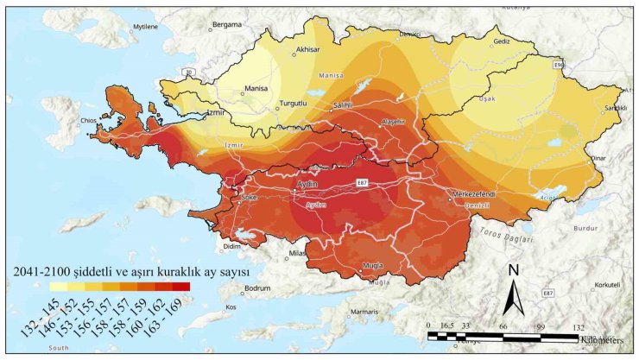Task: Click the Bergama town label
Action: (x=225, y=24)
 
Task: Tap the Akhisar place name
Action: (x=307, y=50)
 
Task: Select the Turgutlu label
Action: (x=292, y=104)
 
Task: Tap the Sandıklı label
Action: (x=614, y=108)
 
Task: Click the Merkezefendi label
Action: (x=471, y=194)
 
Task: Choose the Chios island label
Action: (x=86, y=121)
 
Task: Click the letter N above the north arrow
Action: (x=513, y=270)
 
